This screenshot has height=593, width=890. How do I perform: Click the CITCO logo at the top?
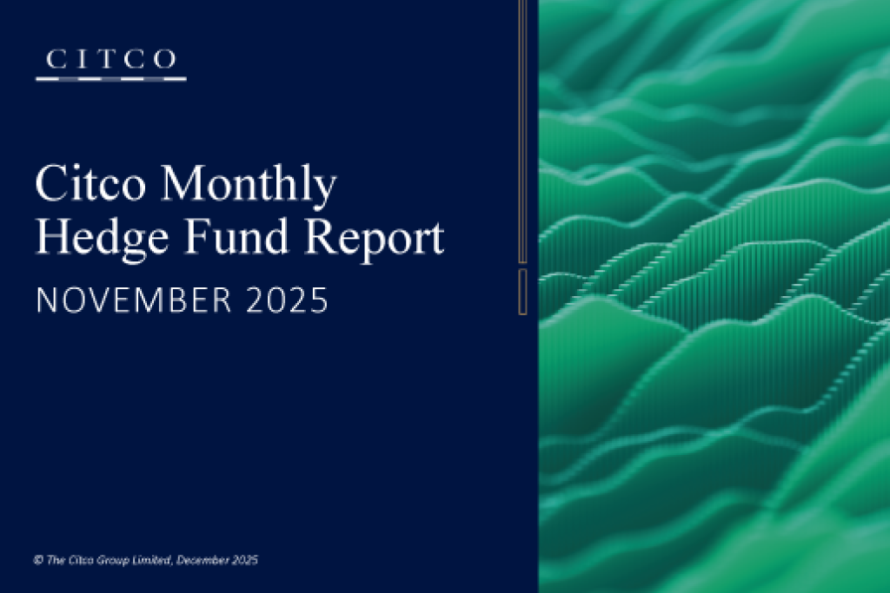pos(110,63)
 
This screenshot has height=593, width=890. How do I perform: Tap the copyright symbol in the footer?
pos(38,561)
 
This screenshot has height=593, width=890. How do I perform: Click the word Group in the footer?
pos(116,561)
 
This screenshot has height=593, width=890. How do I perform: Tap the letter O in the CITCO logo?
pos(166,60)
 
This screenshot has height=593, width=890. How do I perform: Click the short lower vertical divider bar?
pos(522,291)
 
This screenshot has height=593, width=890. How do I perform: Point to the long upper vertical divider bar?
pos(522,130)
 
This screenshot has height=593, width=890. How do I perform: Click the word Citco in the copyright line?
pos(79,561)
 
